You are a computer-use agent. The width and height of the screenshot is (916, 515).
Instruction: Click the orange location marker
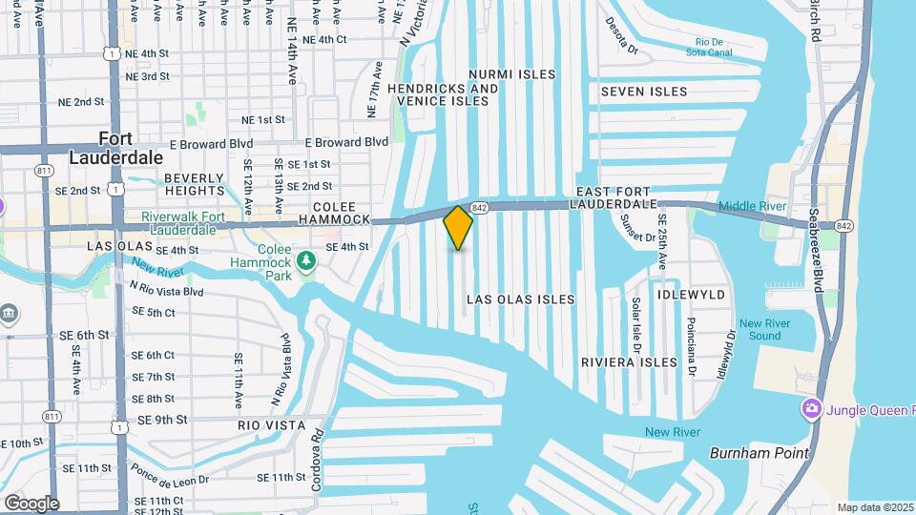[x=458, y=227]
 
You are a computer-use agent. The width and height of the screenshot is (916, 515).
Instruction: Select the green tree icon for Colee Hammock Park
[x=306, y=259]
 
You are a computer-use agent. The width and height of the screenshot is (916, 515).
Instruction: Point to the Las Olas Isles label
[x=520, y=299]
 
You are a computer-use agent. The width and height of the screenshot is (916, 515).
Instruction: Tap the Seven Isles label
[x=643, y=92]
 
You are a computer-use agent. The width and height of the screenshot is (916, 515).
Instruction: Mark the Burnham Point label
[x=759, y=453]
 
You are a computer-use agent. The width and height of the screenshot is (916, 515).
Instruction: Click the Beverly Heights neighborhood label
[x=194, y=184]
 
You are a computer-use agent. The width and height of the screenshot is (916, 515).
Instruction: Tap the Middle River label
[x=751, y=206]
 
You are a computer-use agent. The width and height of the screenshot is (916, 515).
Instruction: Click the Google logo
[x=31, y=504]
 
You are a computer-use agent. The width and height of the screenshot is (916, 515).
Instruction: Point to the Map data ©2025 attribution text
[x=875, y=507]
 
